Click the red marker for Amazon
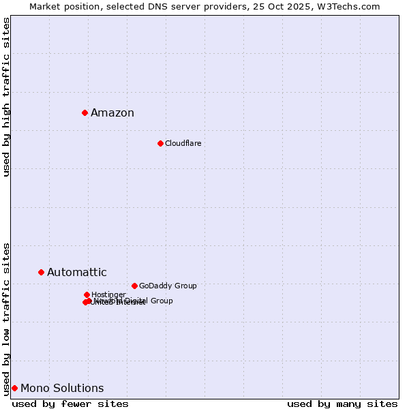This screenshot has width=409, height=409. click(x=85, y=112)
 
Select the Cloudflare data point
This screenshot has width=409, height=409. click(x=160, y=143)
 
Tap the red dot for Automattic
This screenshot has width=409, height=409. click(x=41, y=272)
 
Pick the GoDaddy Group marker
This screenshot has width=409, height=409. click(x=134, y=286)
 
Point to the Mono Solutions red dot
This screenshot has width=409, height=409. click(x=14, y=388)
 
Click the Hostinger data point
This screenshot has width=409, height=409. click(x=87, y=294)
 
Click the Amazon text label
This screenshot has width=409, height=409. click(x=112, y=113)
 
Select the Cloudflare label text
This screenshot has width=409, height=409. click(x=183, y=143)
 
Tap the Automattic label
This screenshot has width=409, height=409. click(x=77, y=273)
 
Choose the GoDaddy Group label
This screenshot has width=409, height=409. click(x=168, y=286)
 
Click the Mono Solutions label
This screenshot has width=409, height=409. click(x=62, y=389)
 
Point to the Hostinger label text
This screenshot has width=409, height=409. click(x=108, y=294)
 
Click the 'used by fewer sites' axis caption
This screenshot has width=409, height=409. click(x=70, y=404)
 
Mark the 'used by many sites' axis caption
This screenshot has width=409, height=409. click(x=342, y=404)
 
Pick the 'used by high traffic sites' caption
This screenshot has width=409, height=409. click(x=6, y=97)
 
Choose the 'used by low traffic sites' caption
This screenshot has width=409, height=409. click(x=6, y=318)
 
